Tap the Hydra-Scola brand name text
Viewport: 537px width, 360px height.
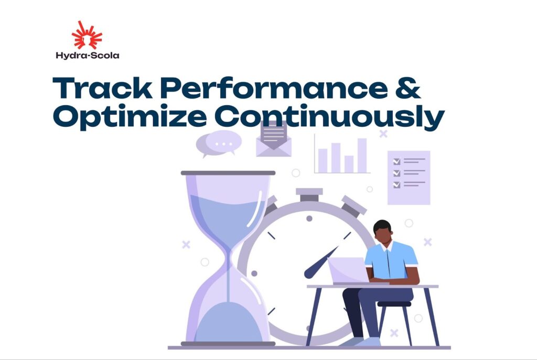click(x=88, y=56)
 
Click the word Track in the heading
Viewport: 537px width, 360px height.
click(x=102, y=88)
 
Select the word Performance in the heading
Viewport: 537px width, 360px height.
click(x=274, y=88)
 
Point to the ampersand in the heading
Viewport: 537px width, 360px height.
click(x=407, y=88)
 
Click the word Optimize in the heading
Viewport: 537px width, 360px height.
click(x=130, y=117)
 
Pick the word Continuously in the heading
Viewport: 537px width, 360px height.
click(x=329, y=117)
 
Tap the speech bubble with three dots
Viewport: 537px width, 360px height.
click(x=219, y=144)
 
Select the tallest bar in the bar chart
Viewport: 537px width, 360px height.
click(x=362, y=156)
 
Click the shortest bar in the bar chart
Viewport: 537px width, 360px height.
click(x=349, y=164)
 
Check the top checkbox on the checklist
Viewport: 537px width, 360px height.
click(x=396, y=161)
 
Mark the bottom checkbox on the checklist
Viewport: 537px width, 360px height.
click(x=396, y=185)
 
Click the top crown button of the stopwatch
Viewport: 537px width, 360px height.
click(x=309, y=194)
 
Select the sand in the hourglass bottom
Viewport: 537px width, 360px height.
click(x=229, y=322)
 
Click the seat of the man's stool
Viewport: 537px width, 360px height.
click(x=394, y=304)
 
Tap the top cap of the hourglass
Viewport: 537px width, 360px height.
click(x=228, y=173)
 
